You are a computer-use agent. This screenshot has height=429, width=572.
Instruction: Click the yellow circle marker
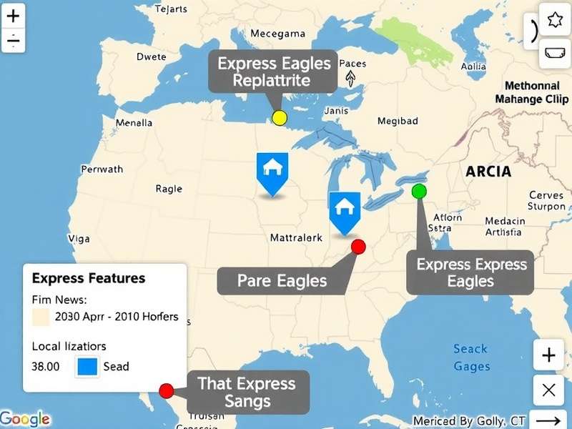click(280, 118)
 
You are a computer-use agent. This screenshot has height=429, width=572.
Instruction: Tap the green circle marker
click(419, 191)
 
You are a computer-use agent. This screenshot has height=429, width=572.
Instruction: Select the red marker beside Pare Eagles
click(359, 247)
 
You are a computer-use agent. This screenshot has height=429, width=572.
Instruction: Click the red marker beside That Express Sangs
click(167, 390)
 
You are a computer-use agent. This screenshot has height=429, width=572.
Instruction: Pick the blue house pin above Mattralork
click(344, 211)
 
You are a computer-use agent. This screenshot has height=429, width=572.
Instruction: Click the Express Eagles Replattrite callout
click(274, 71)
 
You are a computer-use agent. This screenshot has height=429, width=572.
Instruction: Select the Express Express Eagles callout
click(471, 272)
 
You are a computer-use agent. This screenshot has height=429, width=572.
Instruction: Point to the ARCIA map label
click(488, 172)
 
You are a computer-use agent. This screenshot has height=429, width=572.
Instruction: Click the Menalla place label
click(134, 123)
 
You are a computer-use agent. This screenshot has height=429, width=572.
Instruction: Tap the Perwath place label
click(102, 169)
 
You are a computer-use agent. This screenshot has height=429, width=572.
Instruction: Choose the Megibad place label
click(398, 121)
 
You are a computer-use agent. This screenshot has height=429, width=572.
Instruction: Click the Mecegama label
click(277, 34)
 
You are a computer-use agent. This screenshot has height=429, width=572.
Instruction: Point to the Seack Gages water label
click(471, 357)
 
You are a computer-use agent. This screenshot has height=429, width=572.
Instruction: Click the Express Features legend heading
click(89, 278)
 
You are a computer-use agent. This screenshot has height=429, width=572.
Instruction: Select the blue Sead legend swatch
click(87, 366)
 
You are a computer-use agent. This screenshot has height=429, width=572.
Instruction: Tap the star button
click(555, 20)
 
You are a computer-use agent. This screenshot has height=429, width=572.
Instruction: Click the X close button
click(549, 390)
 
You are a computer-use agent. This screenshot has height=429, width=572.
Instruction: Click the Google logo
click(26, 419)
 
